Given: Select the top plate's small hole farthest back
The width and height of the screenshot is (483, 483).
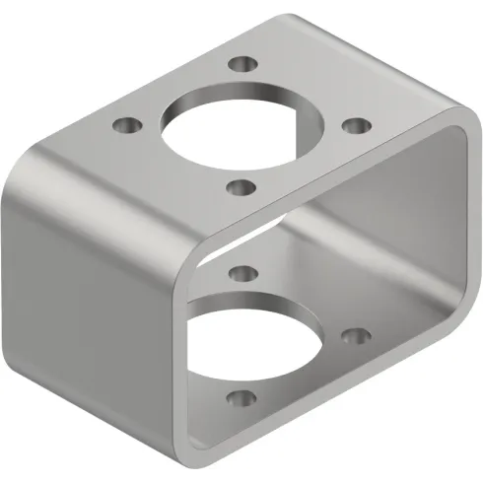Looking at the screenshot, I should pos(240,66).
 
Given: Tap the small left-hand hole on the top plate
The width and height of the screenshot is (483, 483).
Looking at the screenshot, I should pos(125,126).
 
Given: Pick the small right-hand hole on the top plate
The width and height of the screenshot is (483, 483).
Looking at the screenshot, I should pos(356,126).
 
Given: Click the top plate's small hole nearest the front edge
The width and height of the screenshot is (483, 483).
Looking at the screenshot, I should pos(240,185).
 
